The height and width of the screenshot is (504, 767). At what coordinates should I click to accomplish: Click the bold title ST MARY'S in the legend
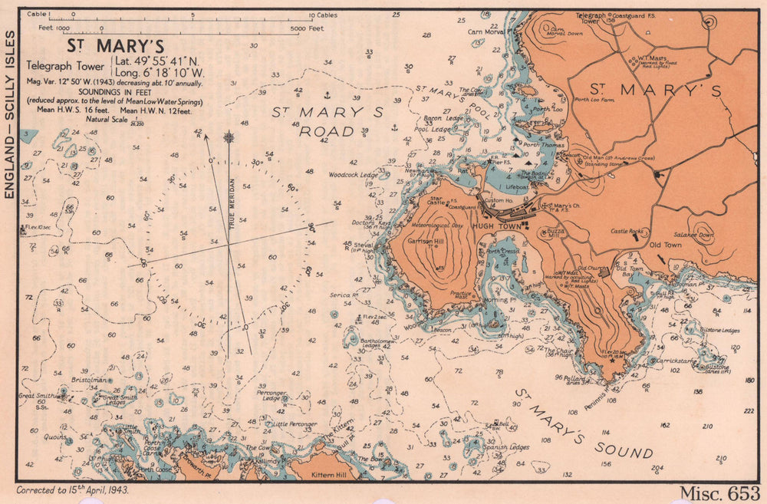point(115,47)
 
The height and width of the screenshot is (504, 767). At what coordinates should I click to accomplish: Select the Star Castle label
point(438,202)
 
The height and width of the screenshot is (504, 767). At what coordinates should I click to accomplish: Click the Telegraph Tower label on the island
point(591,18)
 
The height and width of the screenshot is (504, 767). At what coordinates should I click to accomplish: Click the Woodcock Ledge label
point(353,176)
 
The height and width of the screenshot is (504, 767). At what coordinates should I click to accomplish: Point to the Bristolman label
point(87,380)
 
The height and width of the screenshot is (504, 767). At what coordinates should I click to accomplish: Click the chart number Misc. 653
point(719,492)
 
